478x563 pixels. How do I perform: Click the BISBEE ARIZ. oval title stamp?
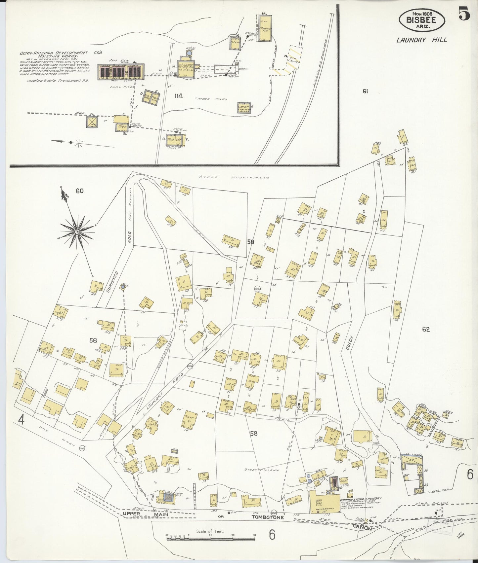tap(421, 20)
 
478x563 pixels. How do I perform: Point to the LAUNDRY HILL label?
tap(422, 40)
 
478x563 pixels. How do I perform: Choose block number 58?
tap(253, 434)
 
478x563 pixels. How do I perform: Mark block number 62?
tap(426, 329)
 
